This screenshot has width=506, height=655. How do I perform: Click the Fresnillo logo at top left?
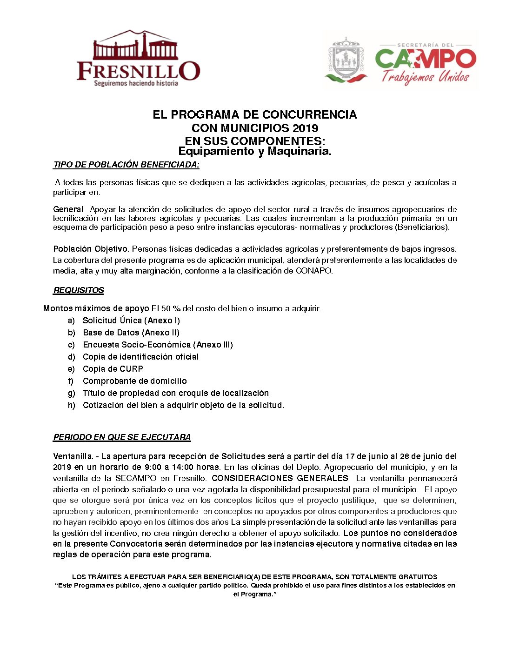(x=138, y=59)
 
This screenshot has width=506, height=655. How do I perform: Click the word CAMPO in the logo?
(x=425, y=59)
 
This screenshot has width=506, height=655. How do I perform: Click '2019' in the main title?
(x=305, y=128)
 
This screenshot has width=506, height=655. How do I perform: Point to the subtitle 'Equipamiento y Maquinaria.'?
(x=255, y=151)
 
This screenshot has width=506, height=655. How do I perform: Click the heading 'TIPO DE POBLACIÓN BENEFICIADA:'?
(x=126, y=165)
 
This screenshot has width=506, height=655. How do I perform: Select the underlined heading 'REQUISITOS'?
(x=79, y=290)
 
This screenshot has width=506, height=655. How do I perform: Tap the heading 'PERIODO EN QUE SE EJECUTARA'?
(x=122, y=437)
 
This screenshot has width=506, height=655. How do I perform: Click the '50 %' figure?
(x=171, y=308)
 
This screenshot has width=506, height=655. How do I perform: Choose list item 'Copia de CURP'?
(x=113, y=369)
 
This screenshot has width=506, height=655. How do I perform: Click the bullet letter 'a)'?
(x=71, y=321)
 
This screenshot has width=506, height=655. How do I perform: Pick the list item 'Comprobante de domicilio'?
(x=135, y=381)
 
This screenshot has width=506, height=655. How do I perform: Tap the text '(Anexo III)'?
(x=214, y=345)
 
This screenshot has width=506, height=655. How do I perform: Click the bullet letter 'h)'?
(x=71, y=405)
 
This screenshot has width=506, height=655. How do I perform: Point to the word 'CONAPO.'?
(x=314, y=271)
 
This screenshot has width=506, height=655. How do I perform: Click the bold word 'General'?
(x=68, y=209)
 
